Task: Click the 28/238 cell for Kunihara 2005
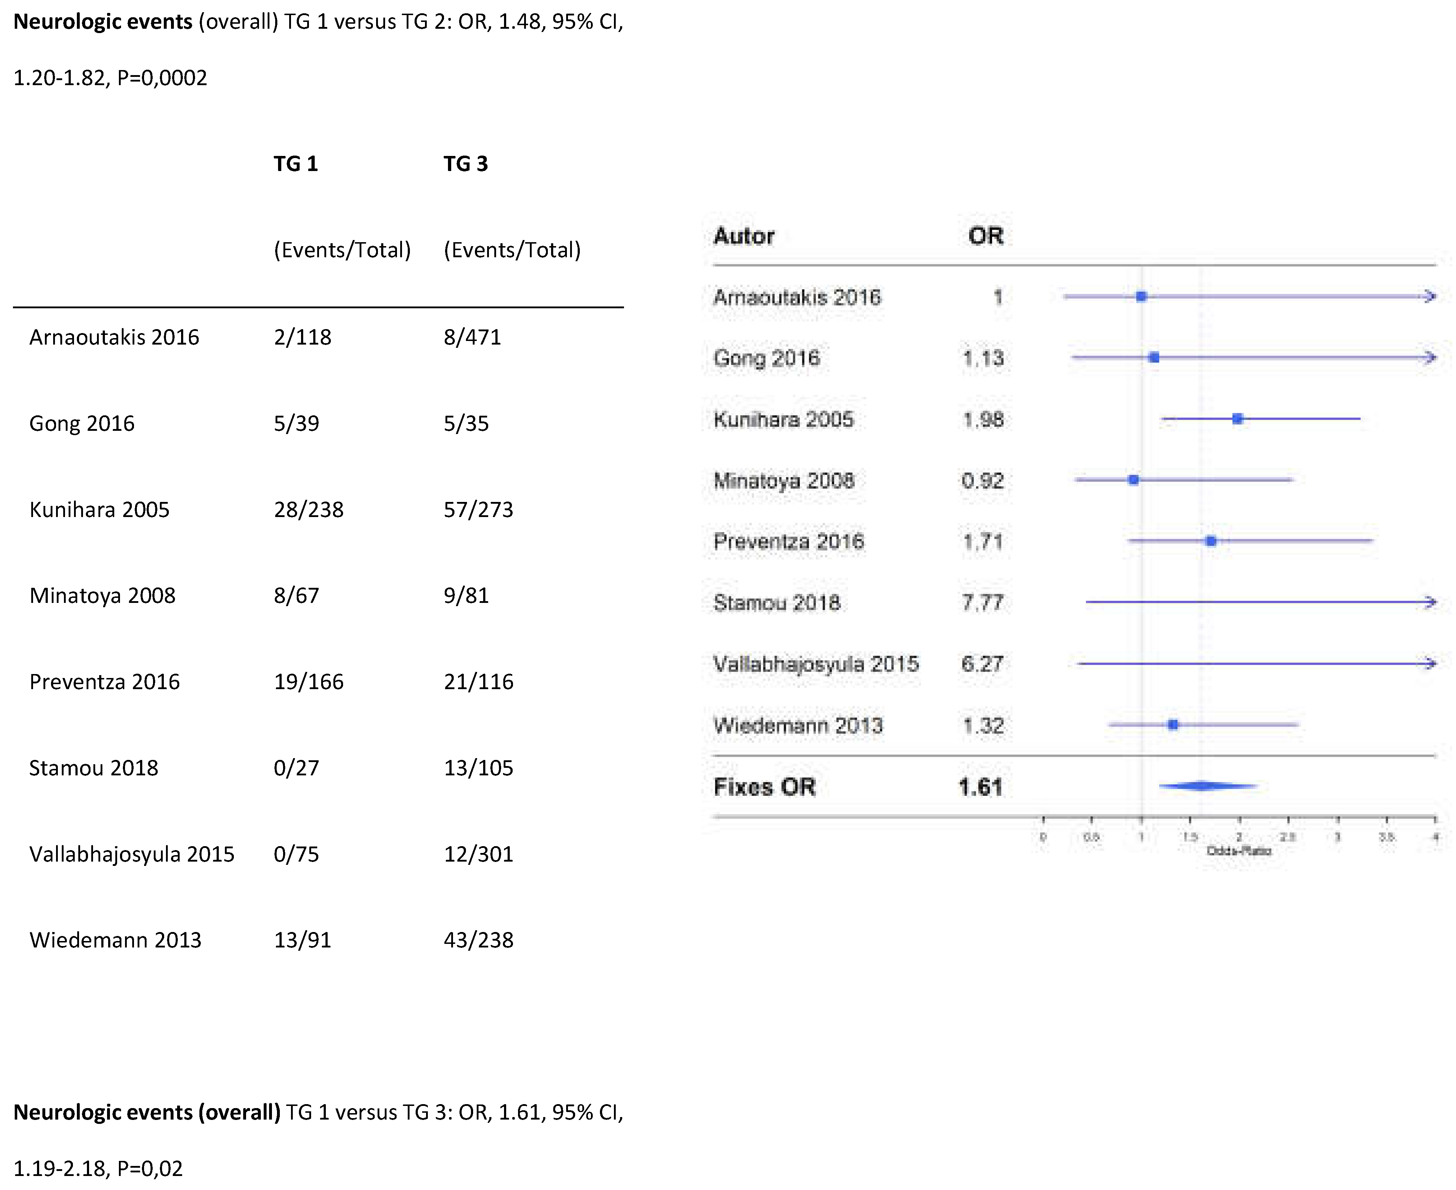308,509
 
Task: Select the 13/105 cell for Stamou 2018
478,768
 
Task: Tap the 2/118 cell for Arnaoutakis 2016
302,337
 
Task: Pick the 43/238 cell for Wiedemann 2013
478,940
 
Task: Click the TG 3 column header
465,164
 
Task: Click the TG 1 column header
295,164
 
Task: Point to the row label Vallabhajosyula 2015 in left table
131,854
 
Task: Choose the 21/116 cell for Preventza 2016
478,681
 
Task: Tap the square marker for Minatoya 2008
1133,480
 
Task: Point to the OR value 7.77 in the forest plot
983,603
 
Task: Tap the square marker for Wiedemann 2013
1173,725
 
